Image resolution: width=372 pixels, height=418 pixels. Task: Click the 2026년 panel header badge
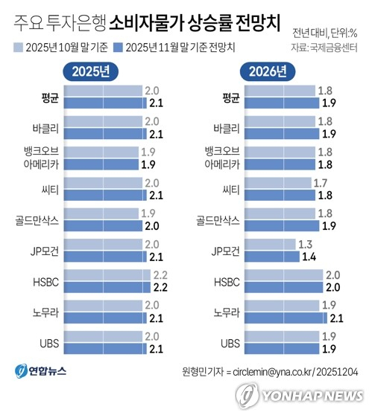coord(265,73)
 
